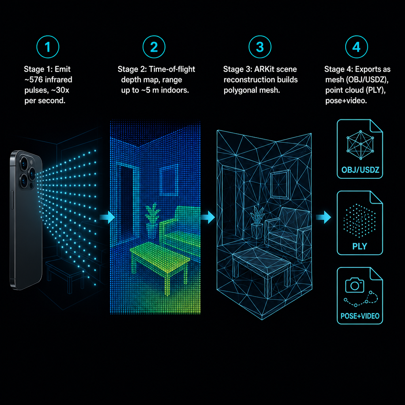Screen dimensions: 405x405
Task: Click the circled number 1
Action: pos(48,47)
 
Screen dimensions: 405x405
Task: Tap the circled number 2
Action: pos(154,47)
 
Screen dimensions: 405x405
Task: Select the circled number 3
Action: pos(260,47)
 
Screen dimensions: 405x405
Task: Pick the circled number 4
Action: pos(356,47)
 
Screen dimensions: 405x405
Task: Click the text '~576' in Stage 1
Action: pos(34,79)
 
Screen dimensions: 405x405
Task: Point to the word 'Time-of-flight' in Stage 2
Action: pos(172,69)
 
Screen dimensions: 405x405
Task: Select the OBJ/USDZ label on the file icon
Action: pos(360,170)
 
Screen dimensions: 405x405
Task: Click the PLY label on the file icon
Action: pos(360,246)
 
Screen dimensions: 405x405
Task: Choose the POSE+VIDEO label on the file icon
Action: pos(360,316)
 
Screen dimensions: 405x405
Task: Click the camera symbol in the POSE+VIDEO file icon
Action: pos(355,285)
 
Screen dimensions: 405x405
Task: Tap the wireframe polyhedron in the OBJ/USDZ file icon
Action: pos(360,145)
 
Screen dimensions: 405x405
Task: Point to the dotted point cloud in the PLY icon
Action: pos(359,220)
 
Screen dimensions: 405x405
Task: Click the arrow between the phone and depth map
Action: pos(107,217)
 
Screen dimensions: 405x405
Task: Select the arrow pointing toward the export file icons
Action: pos(323,217)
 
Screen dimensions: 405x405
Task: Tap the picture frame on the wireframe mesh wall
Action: pos(280,185)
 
